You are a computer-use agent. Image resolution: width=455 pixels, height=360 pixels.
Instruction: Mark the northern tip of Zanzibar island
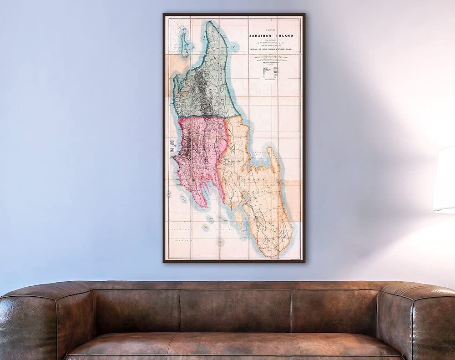[x=211, y=23]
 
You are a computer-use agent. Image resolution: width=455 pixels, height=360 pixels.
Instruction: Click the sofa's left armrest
[x=27, y=319]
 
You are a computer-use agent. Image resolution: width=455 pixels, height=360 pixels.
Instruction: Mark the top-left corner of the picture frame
[x=164, y=15]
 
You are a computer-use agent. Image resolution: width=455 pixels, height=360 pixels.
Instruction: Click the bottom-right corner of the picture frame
[x=304, y=262]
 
